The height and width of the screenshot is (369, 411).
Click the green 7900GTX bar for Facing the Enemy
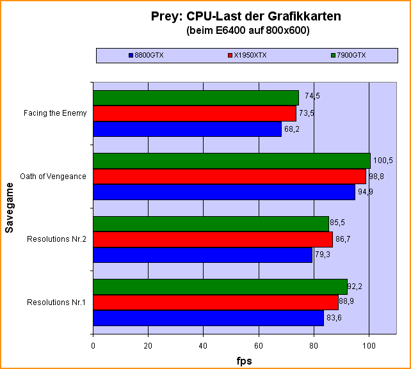(x=196, y=98)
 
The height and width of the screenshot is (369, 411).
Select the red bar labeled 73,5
(x=195, y=113)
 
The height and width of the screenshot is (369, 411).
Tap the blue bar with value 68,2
(x=187, y=129)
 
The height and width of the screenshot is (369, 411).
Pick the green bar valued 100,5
(x=232, y=161)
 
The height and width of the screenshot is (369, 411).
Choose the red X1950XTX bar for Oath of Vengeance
(x=229, y=176)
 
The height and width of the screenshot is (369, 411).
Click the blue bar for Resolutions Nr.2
(x=202, y=255)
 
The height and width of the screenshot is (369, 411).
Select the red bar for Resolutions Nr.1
(x=216, y=302)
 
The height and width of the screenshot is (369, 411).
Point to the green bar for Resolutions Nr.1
(x=220, y=287)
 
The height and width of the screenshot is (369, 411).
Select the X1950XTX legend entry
(x=248, y=55)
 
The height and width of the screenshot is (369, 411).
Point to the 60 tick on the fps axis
(x=259, y=346)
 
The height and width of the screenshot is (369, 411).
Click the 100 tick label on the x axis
(x=369, y=346)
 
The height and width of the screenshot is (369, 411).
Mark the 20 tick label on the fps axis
(x=148, y=346)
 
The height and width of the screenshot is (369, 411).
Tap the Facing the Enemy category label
(x=55, y=113)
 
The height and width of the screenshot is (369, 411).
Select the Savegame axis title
(x=9, y=207)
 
